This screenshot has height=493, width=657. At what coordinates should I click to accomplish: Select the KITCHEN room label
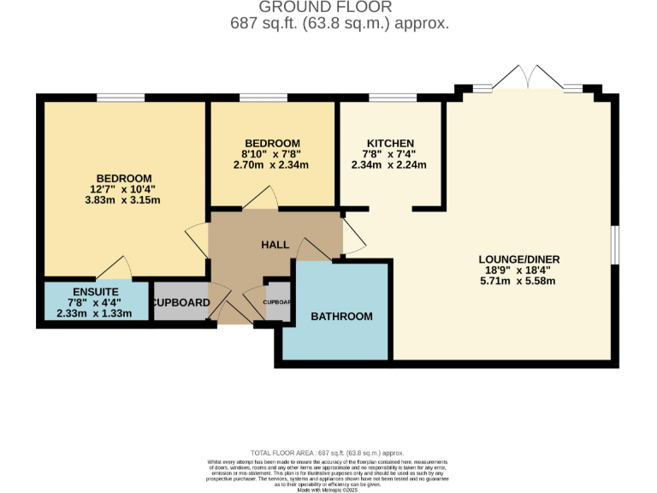tap(390, 143)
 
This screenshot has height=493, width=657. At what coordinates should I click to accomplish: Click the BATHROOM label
tap(341, 317)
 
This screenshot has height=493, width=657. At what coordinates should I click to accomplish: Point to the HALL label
tap(275, 245)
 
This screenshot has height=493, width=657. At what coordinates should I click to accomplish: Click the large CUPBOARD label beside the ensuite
tap(181, 303)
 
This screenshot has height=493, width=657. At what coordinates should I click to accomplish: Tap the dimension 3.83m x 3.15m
tap(124, 200)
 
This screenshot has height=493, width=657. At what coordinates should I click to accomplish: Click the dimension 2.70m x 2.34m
tap(271, 165)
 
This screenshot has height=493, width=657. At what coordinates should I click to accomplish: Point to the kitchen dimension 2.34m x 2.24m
tap(390, 165)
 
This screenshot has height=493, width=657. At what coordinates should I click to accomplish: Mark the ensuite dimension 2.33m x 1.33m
tap(94, 313)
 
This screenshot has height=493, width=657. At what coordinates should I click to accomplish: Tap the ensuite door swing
tap(115, 269)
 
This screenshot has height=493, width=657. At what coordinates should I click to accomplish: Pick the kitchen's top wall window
tap(393, 98)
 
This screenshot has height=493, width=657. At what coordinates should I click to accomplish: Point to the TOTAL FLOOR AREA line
tap(328, 452)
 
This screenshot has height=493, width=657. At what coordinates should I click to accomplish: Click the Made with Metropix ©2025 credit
tap(328, 488)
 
